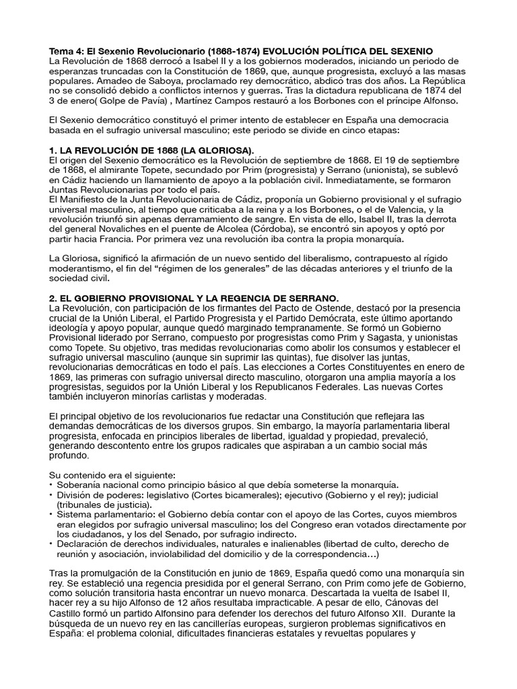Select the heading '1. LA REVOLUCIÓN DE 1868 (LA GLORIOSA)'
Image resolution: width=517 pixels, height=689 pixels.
point(152,149)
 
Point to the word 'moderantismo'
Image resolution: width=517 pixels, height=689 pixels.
point(81,268)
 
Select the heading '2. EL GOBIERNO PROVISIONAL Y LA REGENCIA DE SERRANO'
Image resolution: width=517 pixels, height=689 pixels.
point(195,297)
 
